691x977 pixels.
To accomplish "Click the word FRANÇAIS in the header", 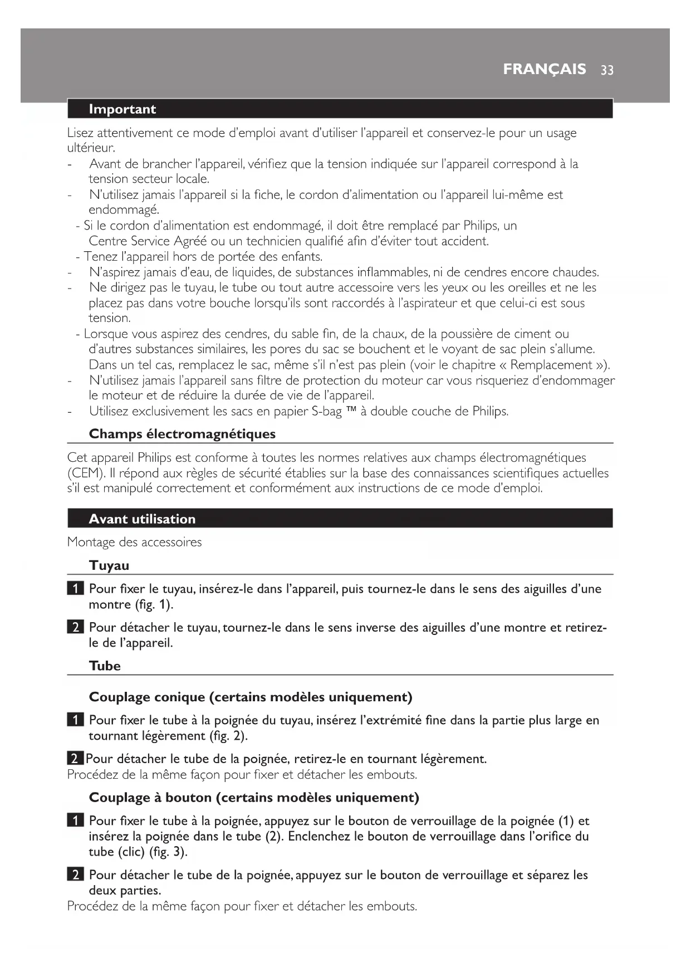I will pyautogui.click(x=544, y=69).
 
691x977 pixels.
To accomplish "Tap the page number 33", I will pyautogui.click(x=607, y=70).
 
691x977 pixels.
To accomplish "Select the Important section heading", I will pyautogui.click(x=122, y=109).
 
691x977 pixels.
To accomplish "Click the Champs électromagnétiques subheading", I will pyautogui.click(x=182, y=434).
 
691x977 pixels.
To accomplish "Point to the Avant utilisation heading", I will pyautogui.click(x=142, y=519).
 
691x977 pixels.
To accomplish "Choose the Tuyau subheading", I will pyautogui.click(x=109, y=565).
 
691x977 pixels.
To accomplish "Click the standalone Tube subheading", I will pyautogui.click(x=105, y=666).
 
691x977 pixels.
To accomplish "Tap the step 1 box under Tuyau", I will pyautogui.click(x=75, y=589).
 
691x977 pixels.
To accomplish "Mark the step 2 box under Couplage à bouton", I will pyautogui.click(x=75, y=875).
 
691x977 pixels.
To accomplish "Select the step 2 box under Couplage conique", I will pyautogui.click(x=75, y=759).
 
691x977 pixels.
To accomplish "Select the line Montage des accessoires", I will pyautogui.click(x=134, y=542).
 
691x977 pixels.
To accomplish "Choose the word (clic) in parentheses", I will pyautogui.click(x=131, y=852).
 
